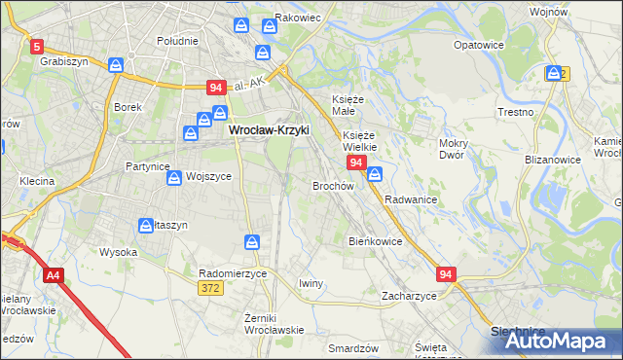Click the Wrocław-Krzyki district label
tap(268, 128)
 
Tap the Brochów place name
tap(332, 185)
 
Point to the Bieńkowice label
tap(375, 240)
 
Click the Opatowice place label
tap(478, 45)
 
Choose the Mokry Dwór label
tap(454, 148)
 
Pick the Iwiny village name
tap(311, 283)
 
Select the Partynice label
tap(148, 166)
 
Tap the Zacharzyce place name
tap(408, 295)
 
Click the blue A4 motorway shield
tap(53, 276)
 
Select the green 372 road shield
tap(210, 288)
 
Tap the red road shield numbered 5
tap(36, 46)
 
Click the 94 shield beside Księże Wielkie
tap(357, 162)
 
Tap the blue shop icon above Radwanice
tap(375, 174)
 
